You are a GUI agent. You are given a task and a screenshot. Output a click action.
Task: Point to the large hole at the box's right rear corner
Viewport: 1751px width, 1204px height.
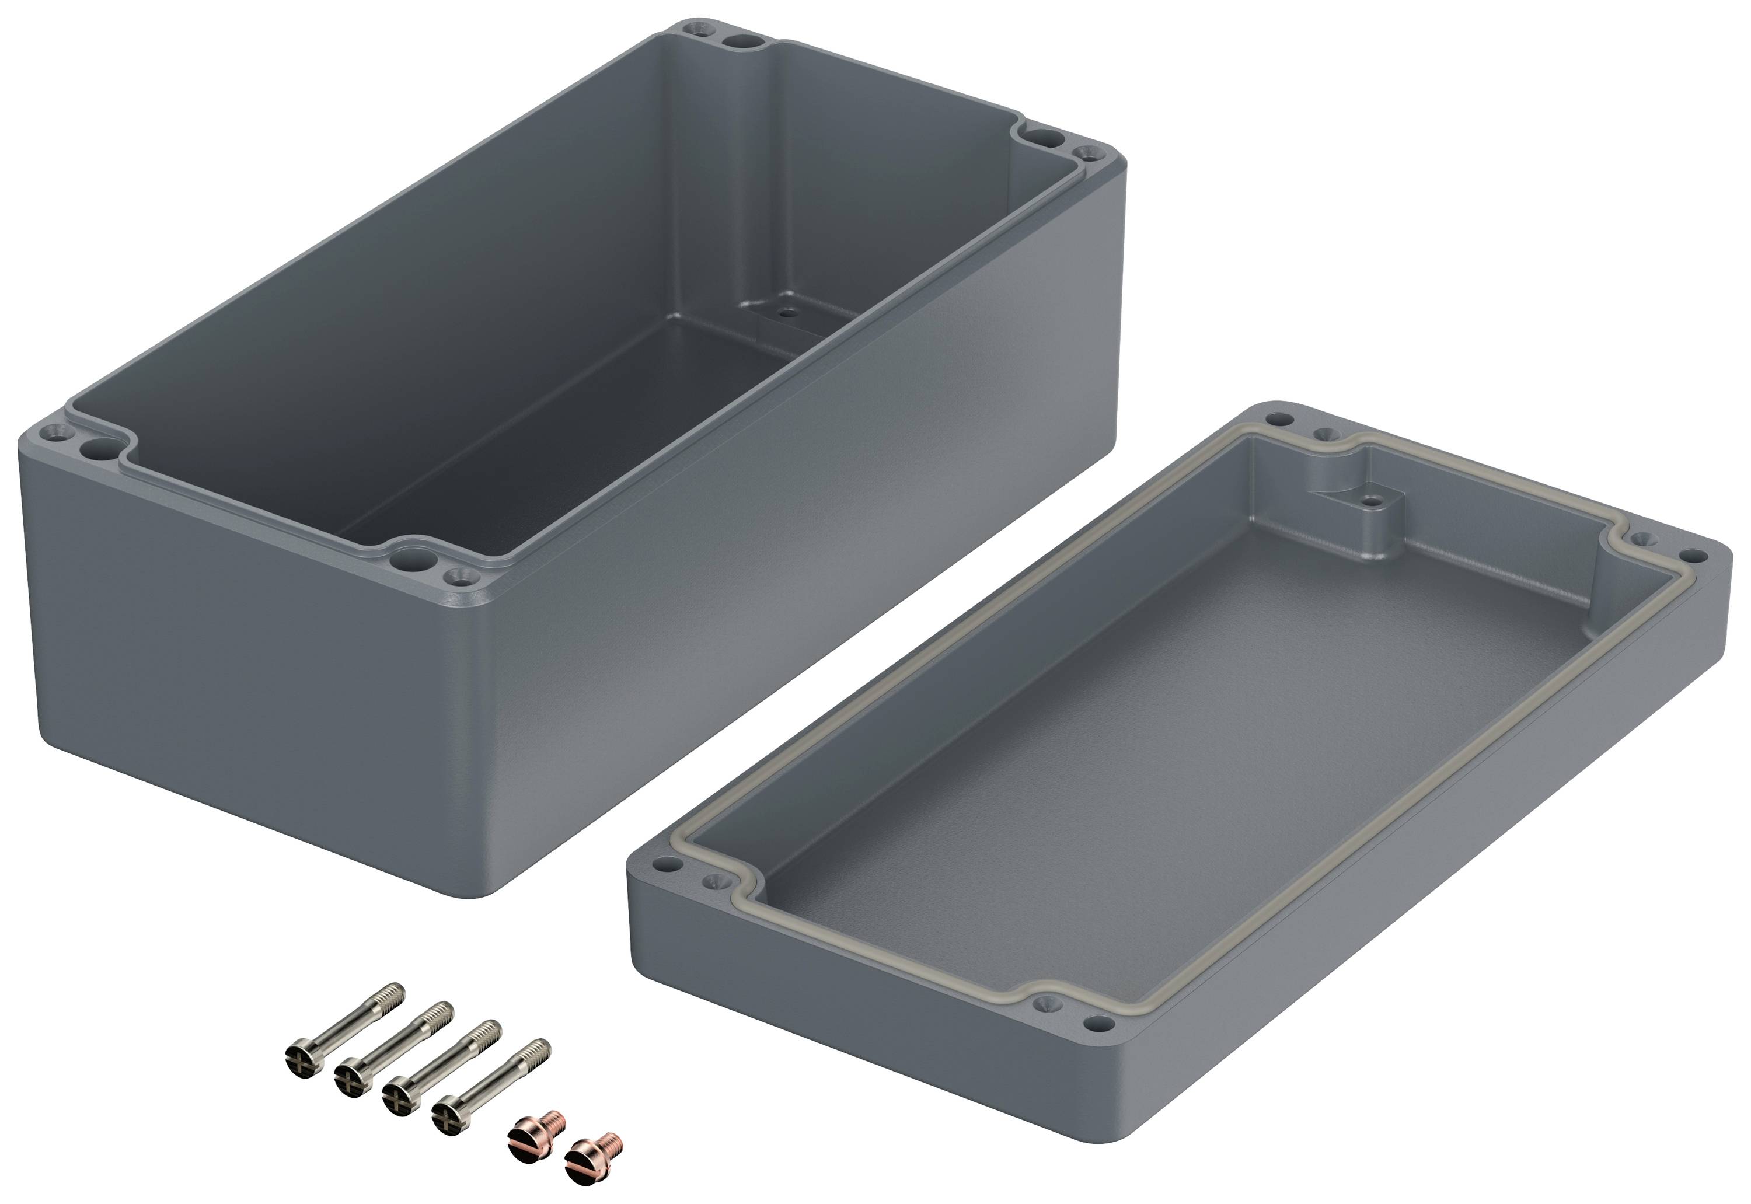coord(1044,138)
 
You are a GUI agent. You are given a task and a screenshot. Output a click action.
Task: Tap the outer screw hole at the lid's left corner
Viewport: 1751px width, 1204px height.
coord(662,861)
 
